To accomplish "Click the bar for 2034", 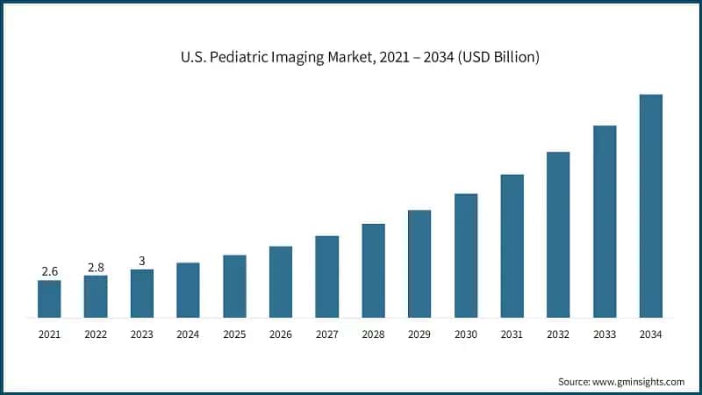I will pos(650,205).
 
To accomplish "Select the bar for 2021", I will pos(49,298).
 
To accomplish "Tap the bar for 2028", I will pos(373,270).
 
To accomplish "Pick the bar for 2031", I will pos(512,246).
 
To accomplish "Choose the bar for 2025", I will pos(234,286).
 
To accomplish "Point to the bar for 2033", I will pos(605,221).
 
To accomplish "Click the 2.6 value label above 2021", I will pos(49,271).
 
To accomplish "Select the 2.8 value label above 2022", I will pos(96,267).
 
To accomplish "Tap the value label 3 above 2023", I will pos(141,261).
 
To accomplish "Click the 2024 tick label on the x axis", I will pos(188,334).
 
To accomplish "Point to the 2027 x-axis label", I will pos(326,334).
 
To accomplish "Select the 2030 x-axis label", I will pos(465,334).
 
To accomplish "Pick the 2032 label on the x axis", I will pos(558,334).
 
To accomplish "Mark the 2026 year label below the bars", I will pos(280,334).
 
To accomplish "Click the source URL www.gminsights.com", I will pos(637,382).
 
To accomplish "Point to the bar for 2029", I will pos(419,263).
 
